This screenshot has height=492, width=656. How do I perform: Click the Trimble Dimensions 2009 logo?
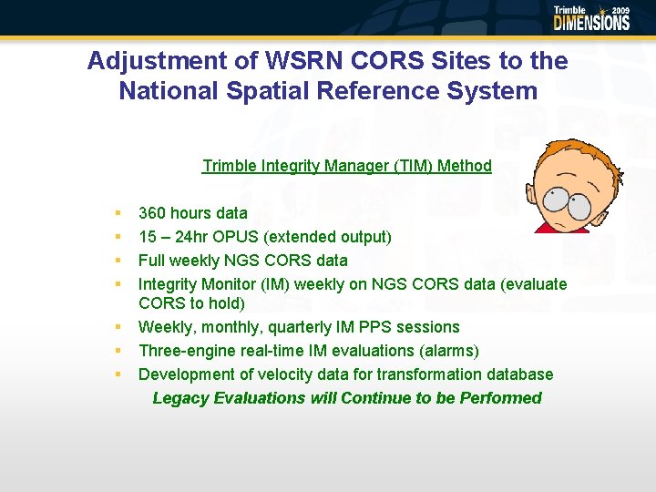(591, 18)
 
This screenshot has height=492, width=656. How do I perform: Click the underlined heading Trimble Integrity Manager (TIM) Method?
(346, 166)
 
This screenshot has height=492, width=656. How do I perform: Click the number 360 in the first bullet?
(153, 213)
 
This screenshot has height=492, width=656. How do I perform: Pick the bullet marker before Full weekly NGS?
(118, 261)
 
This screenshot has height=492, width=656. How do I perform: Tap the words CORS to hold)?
(191, 303)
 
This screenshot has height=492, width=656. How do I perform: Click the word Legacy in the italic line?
(180, 398)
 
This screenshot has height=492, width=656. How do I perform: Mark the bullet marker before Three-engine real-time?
(118, 351)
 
